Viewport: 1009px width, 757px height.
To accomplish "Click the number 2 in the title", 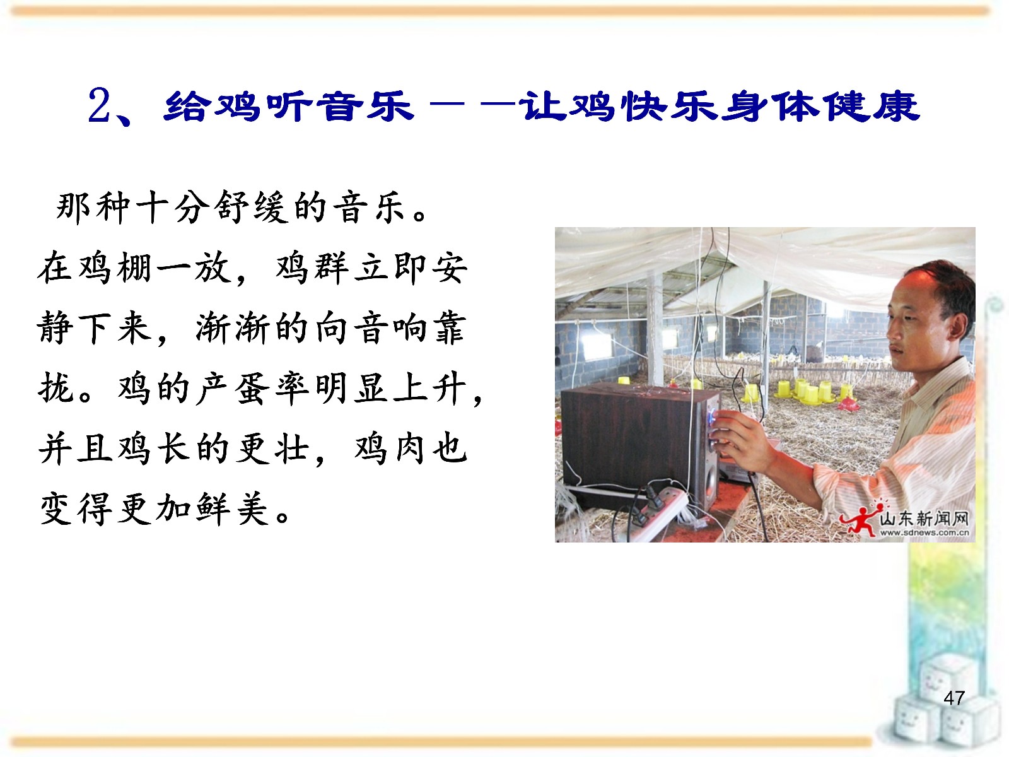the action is coord(100,106).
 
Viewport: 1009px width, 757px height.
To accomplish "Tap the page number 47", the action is coord(954,698).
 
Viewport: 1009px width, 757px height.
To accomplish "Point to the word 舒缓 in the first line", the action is coord(251,207).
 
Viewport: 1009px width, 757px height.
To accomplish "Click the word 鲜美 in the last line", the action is coord(233,509).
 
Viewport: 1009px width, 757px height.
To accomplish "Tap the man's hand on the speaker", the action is coord(738,434).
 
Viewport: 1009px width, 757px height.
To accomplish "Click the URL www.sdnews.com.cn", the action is coord(924,533).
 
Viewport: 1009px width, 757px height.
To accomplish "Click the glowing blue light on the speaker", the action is coord(713,418).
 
